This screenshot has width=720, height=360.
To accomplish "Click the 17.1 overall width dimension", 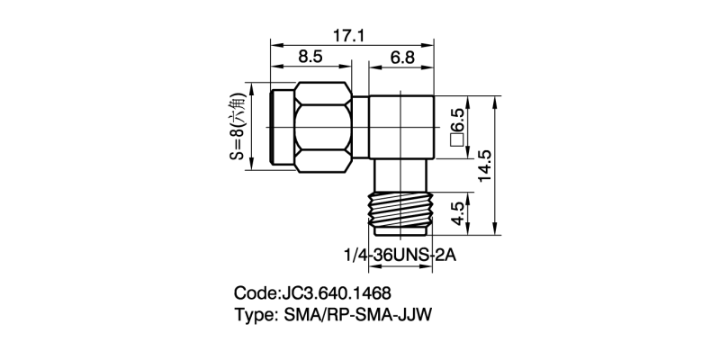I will (348, 35).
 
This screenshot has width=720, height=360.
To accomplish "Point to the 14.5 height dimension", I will (484, 166).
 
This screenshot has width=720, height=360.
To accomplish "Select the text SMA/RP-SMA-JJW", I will (364, 315).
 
